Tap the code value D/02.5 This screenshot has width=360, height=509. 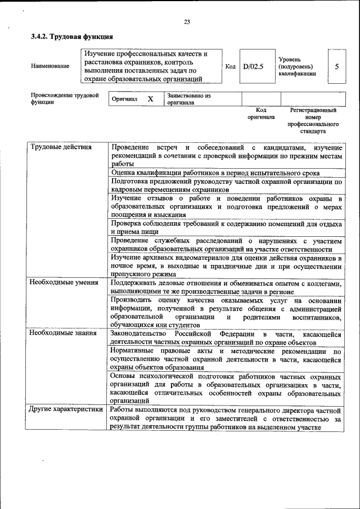pyautogui.click(x=253, y=66)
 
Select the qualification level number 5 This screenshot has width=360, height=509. pyautogui.click(x=336, y=66)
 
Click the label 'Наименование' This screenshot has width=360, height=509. pyautogui.click(x=51, y=66)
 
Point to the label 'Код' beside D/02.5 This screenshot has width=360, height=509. pyautogui.click(x=230, y=66)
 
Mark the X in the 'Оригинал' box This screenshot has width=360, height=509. pyautogui.click(x=150, y=100)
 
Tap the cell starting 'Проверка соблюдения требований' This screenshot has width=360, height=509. pyautogui.click(x=226, y=227)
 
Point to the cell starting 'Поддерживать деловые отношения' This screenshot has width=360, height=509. pyautogui.click(x=226, y=287)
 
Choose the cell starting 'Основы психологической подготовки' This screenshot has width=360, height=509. pyautogui.click(x=226, y=388)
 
